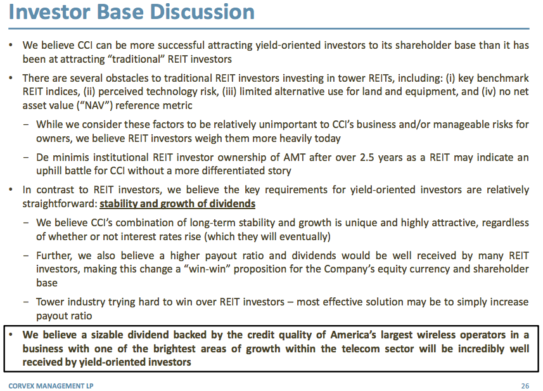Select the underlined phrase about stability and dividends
tap(177, 203)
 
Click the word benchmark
tap(503, 78)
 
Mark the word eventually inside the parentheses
tap(302, 236)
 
